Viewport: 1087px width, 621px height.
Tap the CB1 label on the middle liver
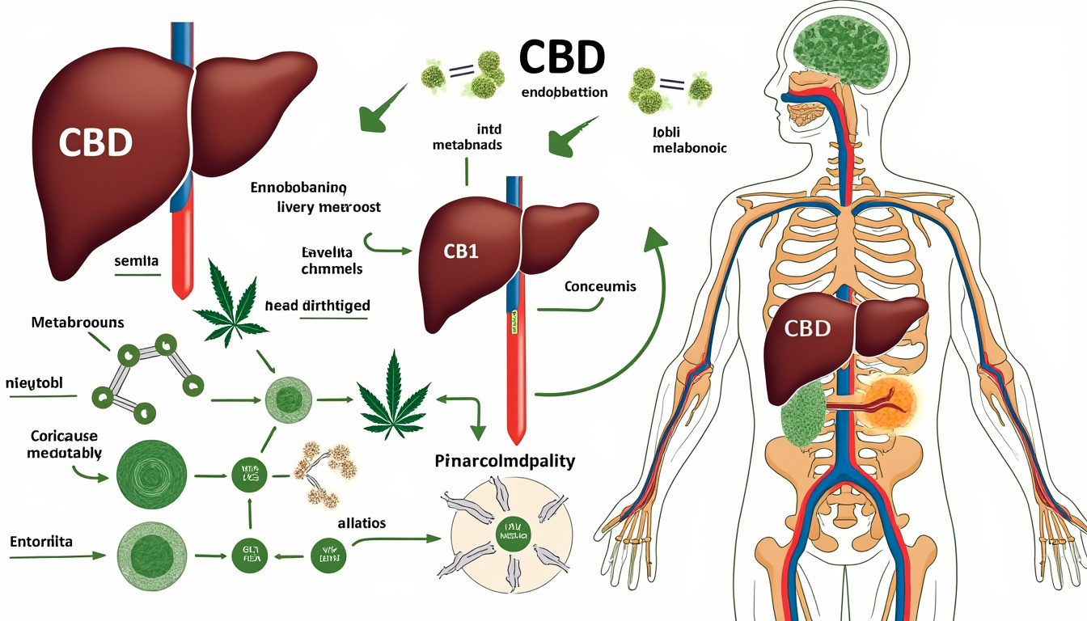tap(461, 251)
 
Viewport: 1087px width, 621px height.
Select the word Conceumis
tap(601, 287)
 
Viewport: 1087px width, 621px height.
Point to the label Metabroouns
tap(78, 323)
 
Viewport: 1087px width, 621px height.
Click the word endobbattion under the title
tap(565, 92)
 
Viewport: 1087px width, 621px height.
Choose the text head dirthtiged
tap(317, 306)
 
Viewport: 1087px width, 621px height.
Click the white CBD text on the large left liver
tap(95, 143)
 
